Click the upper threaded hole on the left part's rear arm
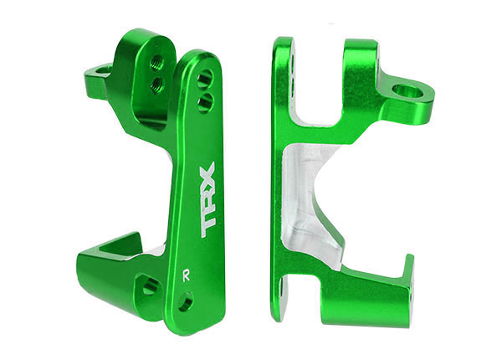pyautogui.click(x=156, y=61)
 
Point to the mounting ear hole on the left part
pyautogui.click(x=103, y=70)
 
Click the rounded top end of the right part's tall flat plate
pyautogui.click(x=283, y=46)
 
